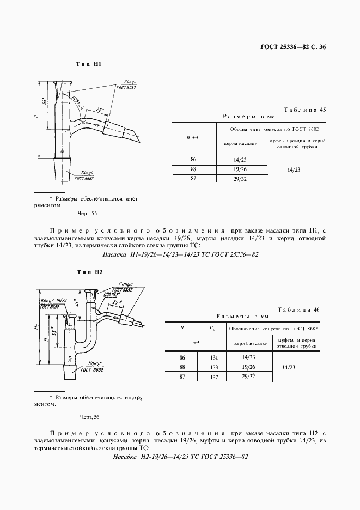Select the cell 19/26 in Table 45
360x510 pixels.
pyautogui.click(x=240, y=169)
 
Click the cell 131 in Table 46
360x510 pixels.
pyautogui.click(x=213, y=357)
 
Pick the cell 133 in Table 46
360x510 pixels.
pyautogui.click(x=213, y=367)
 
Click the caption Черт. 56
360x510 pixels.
pyautogui.click(x=89, y=417)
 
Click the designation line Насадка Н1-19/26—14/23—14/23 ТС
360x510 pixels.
pyautogui.click(x=180, y=254)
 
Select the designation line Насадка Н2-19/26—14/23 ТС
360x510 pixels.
pyautogui.click(x=180, y=456)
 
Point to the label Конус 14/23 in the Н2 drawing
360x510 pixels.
pyautogui.click(x=53, y=300)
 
